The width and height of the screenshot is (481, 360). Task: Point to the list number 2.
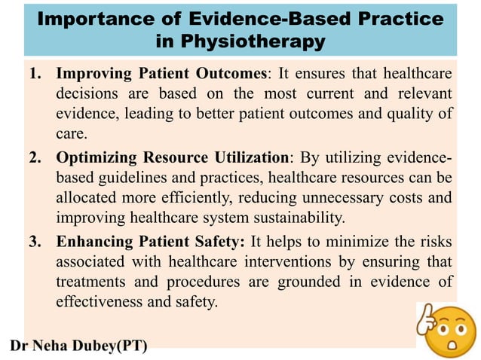35,157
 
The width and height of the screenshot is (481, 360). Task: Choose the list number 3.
35,241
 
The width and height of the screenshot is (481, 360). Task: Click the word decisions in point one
88,95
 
